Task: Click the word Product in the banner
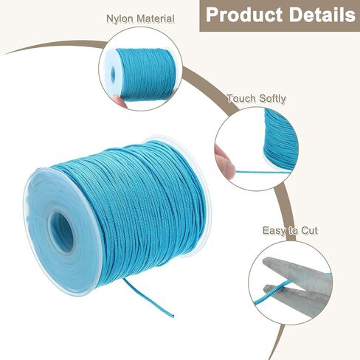point(244,15)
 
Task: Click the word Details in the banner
point(322,15)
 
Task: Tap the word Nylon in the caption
point(120,19)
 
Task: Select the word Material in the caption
point(155,18)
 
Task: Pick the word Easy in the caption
point(273,231)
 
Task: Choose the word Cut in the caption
point(310,231)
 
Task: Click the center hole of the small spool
point(113,73)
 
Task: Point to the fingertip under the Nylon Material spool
point(120,101)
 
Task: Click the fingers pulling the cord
point(225,160)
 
